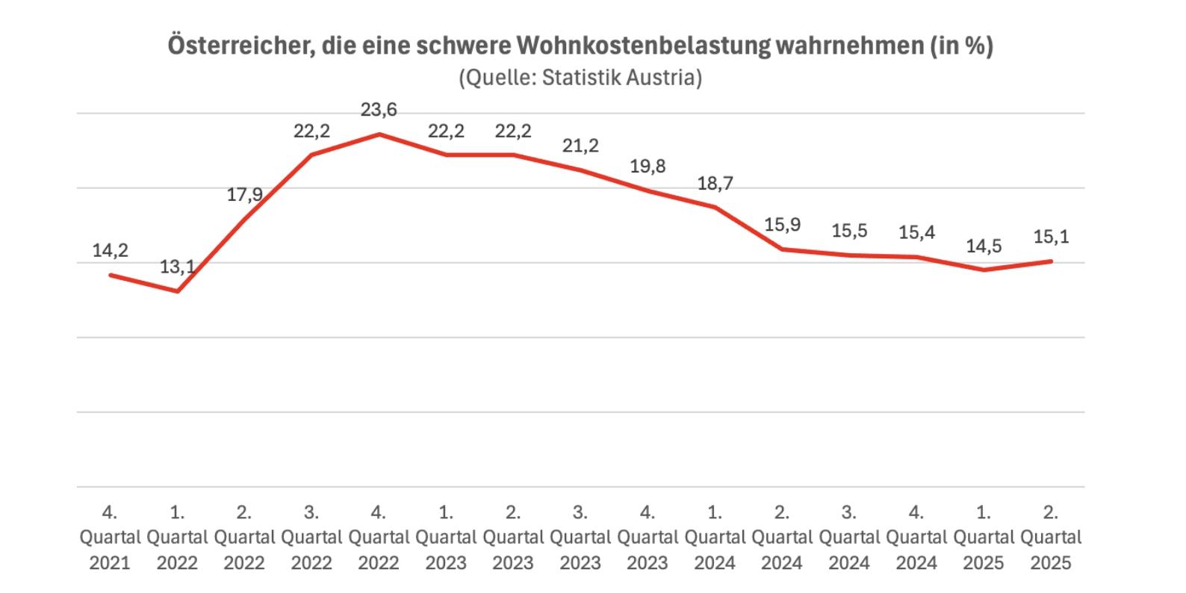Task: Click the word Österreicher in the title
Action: tap(233, 46)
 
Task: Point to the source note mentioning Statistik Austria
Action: tap(580, 78)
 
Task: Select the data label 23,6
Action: tap(379, 110)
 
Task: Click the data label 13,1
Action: tap(177, 267)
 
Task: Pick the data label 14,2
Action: tap(111, 250)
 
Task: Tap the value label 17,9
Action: tap(244, 195)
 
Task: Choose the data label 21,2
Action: tap(580, 146)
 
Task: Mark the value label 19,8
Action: tap(648, 166)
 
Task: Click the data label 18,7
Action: tap(715, 183)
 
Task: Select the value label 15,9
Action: tap(782, 225)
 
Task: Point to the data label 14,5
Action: tap(984, 246)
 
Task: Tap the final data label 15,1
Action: tap(1051, 237)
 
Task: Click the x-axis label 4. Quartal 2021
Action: tap(110, 537)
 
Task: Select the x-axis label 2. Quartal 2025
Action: tap(1051, 537)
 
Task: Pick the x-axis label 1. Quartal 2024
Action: tap(715, 537)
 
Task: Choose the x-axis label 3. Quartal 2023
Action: tap(580, 537)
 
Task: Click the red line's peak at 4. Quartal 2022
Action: tap(379, 134)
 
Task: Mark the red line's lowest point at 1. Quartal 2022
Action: tap(177, 291)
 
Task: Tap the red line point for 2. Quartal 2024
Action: tap(782, 249)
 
